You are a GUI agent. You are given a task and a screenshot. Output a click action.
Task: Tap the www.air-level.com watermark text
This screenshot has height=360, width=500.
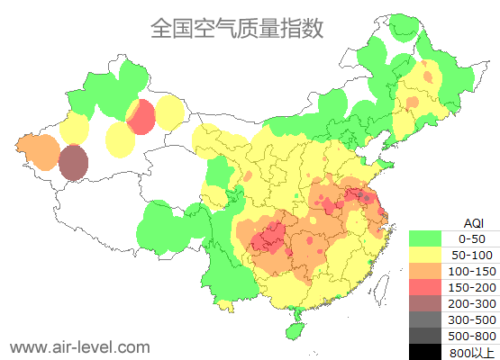click(x=79, y=346)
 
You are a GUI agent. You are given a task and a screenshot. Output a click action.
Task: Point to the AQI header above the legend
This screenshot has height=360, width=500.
click(x=472, y=222)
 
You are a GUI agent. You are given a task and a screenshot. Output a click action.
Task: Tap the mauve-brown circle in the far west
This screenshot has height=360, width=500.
click(x=74, y=163)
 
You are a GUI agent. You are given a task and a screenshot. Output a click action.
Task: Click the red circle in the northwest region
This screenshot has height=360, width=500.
click(x=141, y=117)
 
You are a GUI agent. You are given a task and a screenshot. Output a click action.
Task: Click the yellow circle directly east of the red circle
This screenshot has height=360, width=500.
click(x=169, y=112)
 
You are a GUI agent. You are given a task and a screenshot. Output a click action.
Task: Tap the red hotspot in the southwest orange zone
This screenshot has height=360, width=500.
click(x=269, y=238)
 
